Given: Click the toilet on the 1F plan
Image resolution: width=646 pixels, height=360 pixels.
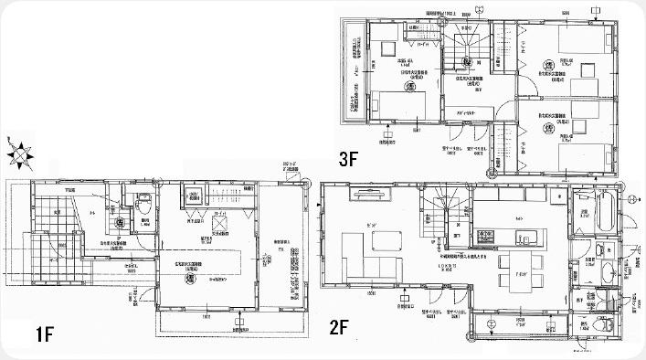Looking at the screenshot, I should [x=141, y=200].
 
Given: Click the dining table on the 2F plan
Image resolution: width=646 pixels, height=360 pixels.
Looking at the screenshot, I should [x=516, y=281].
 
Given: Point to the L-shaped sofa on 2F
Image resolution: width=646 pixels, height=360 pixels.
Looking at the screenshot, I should [x=361, y=259].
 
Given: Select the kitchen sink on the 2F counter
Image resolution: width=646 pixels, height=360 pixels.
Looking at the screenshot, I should [x=525, y=239].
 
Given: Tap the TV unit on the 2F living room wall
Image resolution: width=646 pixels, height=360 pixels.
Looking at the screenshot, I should [x=365, y=194].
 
